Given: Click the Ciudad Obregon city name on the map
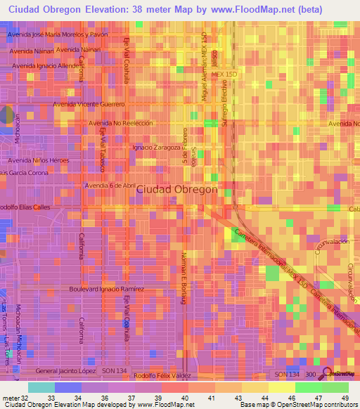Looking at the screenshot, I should (x=176, y=190).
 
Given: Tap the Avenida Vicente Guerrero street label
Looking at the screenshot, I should (x=89, y=104).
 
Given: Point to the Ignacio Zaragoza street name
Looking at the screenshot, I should (x=157, y=148).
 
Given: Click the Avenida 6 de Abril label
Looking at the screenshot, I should (x=110, y=185).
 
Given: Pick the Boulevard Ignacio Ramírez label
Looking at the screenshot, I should (x=107, y=289).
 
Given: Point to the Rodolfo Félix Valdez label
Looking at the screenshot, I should (x=164, y=375).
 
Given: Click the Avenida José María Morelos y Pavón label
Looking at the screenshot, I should (x=58, y=34).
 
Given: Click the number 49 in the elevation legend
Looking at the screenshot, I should (x=344, y=397).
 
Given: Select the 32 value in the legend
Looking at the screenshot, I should (x=26, y=397).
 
